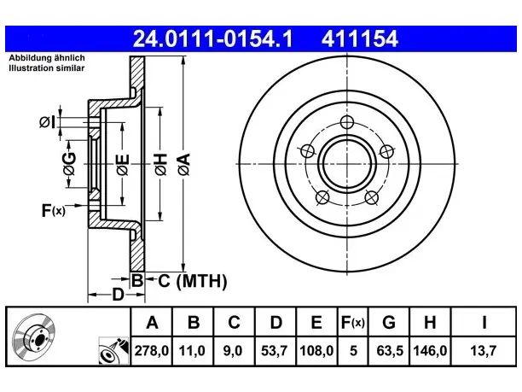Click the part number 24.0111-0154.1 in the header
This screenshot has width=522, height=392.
coord(212,38)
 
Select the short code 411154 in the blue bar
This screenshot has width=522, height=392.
coord(360,38)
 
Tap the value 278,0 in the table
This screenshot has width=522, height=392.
coord(152,351)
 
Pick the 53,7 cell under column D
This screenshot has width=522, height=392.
coord(274,351)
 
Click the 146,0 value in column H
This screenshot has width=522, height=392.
coord(430,351)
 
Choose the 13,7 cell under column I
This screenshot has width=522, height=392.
coord(483,351)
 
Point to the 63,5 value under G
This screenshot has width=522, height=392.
coord(390,351)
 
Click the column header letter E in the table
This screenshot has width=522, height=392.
coord(316,322)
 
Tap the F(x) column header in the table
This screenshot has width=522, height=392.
coord(353,322)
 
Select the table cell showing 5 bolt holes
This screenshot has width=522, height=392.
coord(353,351)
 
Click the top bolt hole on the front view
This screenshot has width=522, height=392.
coord(347,122)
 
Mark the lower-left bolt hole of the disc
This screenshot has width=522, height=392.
coord(322,197)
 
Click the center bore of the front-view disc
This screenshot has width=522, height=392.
coord(347,164)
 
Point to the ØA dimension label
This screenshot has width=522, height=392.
coord(184,164)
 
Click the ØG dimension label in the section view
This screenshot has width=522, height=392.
coord(69,164)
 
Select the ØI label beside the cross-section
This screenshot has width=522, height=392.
coord(47,122)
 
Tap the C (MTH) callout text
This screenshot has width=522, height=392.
coord(193,281)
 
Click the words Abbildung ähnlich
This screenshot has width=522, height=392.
coord(47,58)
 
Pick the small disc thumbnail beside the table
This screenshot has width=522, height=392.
coord(34,337)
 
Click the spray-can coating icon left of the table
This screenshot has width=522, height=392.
coord(113,351)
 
